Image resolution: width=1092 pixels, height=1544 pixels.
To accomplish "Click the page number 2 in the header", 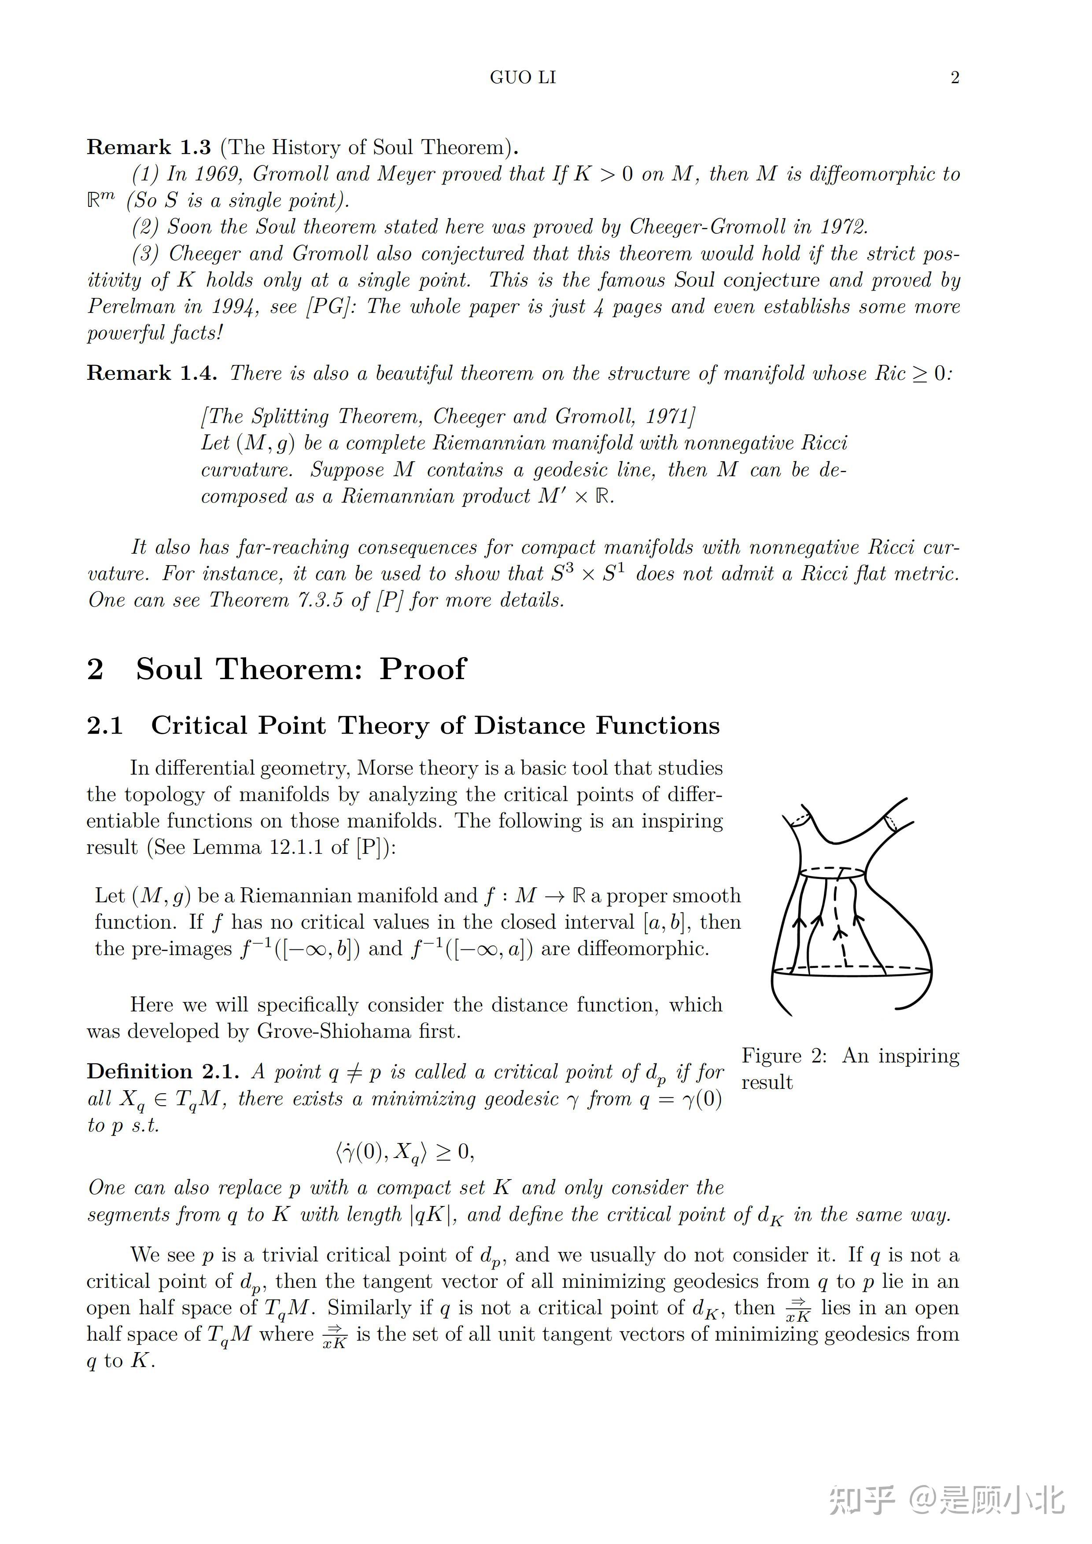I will tap(954, 77).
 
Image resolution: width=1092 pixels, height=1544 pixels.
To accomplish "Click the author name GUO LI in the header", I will tap(523, 77).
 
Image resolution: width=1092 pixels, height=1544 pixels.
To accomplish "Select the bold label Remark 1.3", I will tap(149, 147).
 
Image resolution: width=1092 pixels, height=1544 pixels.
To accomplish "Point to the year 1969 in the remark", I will tap(218, 174).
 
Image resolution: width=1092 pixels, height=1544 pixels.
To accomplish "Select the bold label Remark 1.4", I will tap(151, 373).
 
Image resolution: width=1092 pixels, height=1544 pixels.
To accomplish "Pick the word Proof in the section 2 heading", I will tap(423, 669).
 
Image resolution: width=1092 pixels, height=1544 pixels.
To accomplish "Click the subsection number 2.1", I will tap(105, 726).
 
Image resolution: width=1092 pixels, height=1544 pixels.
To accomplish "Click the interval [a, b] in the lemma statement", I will tap(664, 922).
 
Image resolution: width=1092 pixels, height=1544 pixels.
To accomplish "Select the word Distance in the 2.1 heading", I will tap(534, 726).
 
